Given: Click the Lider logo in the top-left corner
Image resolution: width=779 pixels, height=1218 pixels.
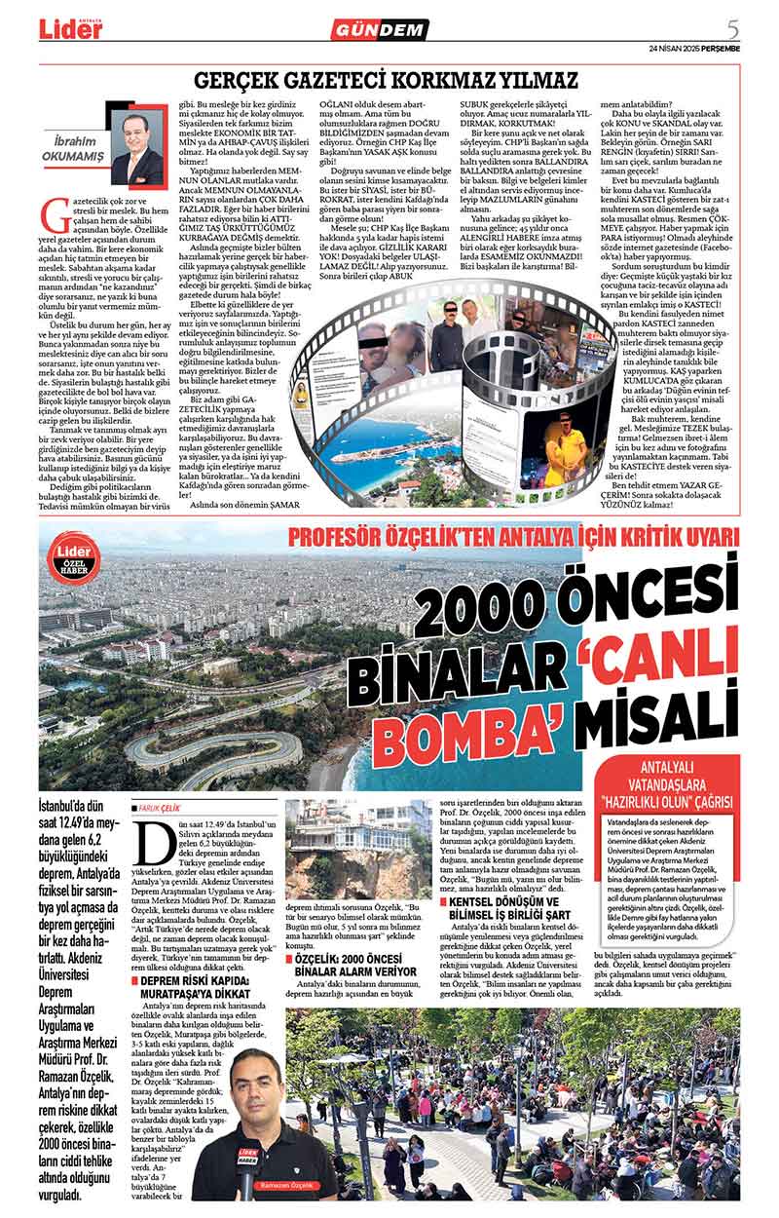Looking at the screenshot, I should click(70, 28).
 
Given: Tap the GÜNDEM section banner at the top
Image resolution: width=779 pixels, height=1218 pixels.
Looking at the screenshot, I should click(379, 29).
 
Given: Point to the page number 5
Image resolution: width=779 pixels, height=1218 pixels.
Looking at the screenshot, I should click(731, 27).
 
